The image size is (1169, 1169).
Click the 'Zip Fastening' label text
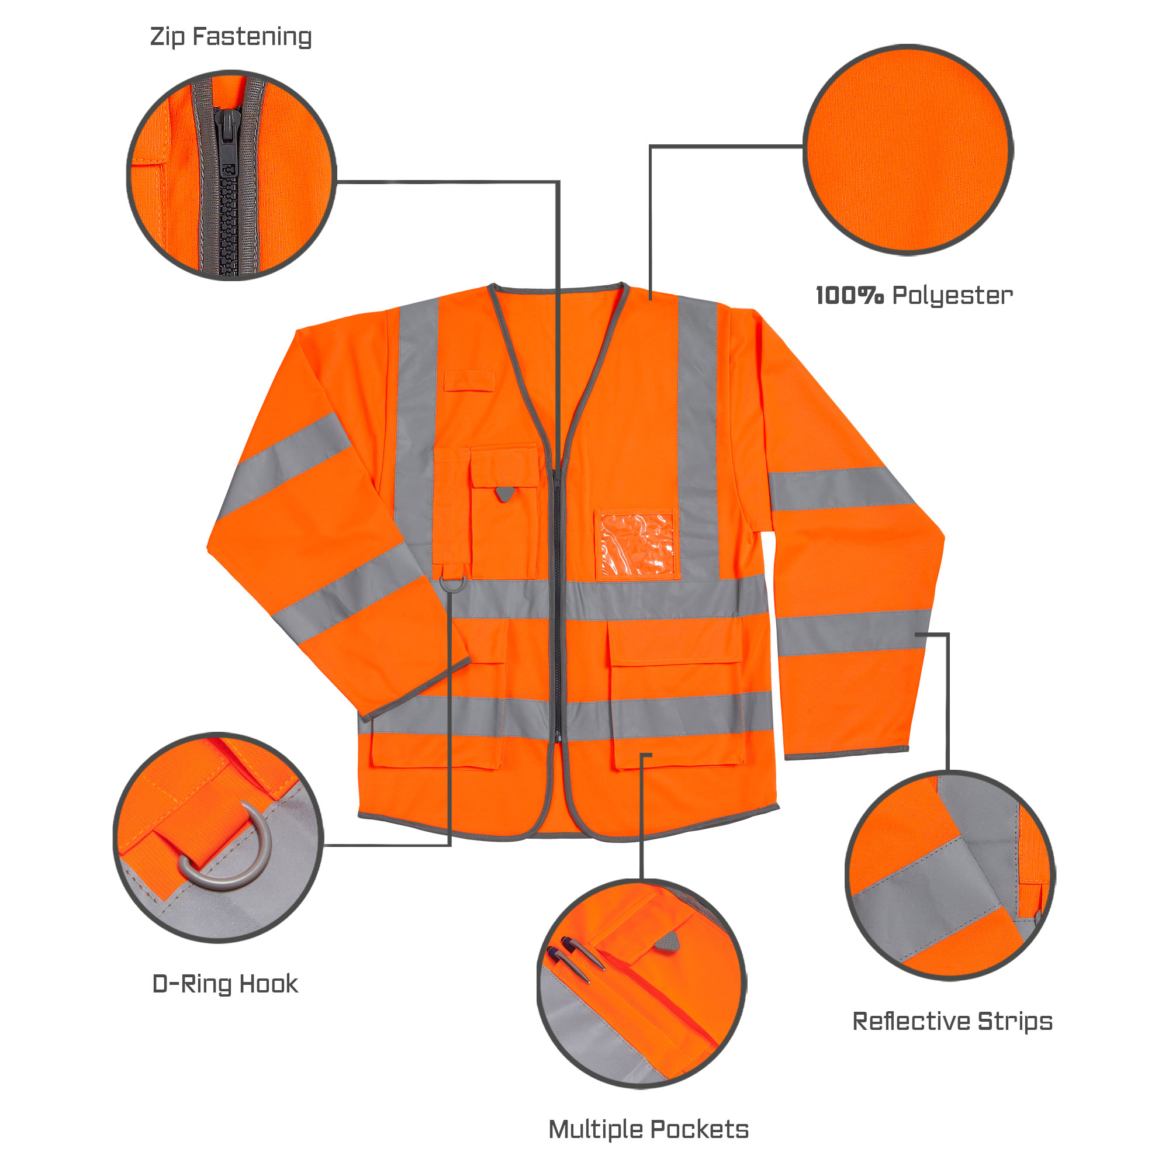(x=230, y=37)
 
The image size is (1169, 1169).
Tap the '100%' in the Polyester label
(x=849, y=296)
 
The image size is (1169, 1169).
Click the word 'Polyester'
(x=952, y=296)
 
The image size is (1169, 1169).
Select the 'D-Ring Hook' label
(x=224, y=984)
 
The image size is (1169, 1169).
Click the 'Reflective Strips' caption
(x=952, y=1021)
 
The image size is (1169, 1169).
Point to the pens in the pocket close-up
(x=575, y=956)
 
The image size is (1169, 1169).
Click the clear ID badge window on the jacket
(x=637, y=545)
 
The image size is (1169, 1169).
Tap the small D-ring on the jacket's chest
(x=452, y=584)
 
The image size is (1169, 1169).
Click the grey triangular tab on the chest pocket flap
(x=503, y=494)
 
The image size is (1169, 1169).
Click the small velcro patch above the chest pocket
(x=469, y=381)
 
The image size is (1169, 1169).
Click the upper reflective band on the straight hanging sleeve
(x=841, y=489)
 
